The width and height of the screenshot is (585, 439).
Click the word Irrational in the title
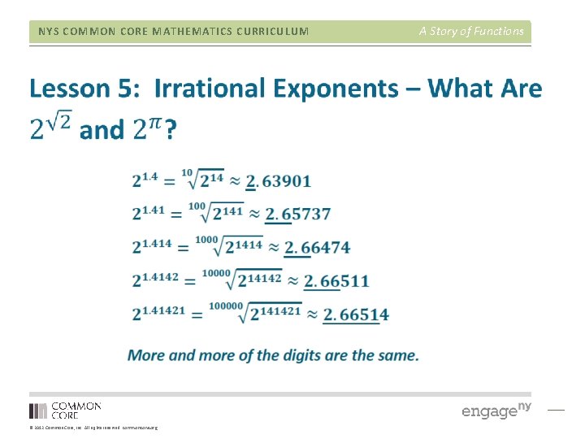210,88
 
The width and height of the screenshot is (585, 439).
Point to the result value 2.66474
317,247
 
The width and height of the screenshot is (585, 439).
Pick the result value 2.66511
336,281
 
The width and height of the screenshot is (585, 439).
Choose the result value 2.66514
356,315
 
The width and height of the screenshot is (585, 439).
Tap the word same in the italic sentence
399,355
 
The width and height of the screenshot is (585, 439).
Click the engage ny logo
496,410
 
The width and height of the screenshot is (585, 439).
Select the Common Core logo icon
38,411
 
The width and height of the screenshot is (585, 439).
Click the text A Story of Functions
471,32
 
